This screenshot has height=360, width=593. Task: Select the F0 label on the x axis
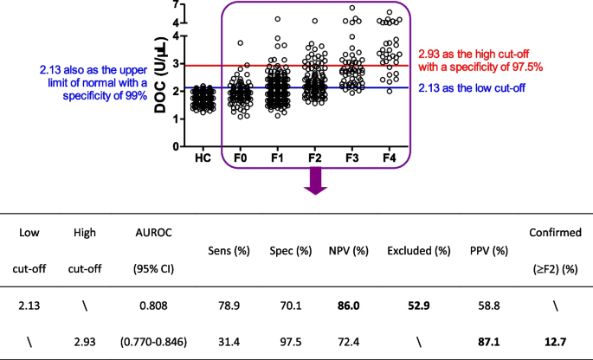point(242,158)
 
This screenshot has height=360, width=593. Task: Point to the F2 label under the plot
point(314,158)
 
